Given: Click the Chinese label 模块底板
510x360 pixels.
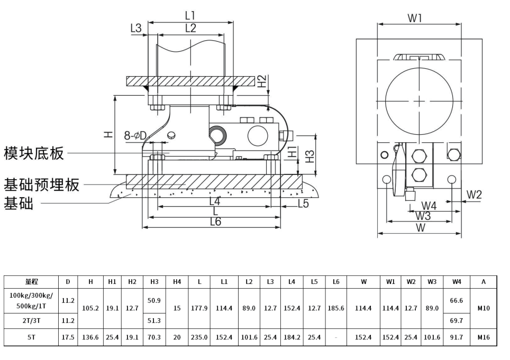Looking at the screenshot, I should tap(34, 153).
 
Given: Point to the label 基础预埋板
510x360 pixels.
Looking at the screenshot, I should tap(42, 185).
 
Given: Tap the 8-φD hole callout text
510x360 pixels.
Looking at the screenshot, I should tap(135, 136).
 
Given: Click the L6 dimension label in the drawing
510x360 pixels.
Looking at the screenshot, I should tap(215, 221).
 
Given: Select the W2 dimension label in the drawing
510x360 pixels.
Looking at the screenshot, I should tap(474, 195).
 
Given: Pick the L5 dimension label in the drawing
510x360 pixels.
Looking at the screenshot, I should tap(304, 203).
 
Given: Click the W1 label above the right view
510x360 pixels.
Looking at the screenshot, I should tap(415, 19).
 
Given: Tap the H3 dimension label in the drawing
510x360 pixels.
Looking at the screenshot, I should tap(311, 156).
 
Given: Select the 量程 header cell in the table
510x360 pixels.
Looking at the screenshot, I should tap(31, 282).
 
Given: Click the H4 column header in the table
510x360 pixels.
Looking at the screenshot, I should tap(177, 282).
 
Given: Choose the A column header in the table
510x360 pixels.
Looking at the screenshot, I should tap(484, 282).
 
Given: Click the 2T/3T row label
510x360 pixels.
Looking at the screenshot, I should tap(31, 320).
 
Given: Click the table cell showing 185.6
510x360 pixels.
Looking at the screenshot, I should tap(336, 308).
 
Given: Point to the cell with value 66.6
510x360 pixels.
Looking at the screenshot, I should tap(457, 300).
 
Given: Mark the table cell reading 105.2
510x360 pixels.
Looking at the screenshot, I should tap(90, 308).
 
